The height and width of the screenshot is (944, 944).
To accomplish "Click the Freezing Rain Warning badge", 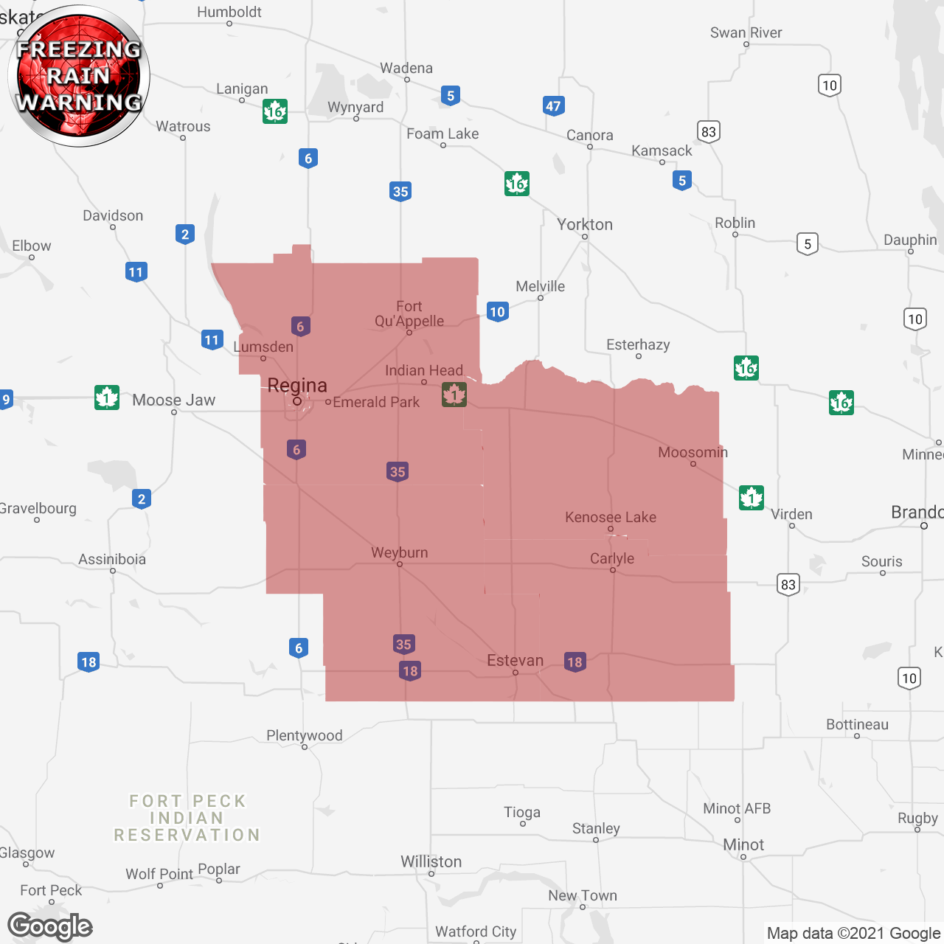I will coord(79,75).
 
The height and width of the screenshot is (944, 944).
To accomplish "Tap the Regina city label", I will coord(297,386).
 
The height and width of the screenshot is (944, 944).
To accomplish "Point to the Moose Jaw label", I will coord(174,400).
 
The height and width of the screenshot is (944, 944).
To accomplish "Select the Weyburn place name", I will coord(399,553).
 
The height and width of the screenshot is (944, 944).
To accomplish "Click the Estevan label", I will coord(515,661).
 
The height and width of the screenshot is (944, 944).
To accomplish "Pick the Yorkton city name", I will coord(585,225).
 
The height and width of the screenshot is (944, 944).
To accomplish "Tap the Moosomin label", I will coord(693,453).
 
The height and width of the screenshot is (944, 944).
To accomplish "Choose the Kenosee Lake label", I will coord(611,518).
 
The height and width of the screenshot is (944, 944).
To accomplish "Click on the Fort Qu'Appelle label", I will coord(409,313).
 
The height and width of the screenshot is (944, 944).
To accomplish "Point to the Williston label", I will coord(431,862).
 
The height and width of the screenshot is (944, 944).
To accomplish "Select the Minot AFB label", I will coord(737,809).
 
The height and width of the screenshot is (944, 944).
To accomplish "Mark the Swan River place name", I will coord(746,33).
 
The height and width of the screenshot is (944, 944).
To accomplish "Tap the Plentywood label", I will coord(305,736).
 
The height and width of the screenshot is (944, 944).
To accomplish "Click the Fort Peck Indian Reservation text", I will coord(187,819).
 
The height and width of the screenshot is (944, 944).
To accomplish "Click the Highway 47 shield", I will coord(553,106).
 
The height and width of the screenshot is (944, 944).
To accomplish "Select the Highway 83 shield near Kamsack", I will coord(709,132).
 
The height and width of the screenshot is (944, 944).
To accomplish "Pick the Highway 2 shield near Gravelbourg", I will coord(142,499).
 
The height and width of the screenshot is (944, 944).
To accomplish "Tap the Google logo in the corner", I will coord(50,926).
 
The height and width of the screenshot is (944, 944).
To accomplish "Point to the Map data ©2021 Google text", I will coord(853,934).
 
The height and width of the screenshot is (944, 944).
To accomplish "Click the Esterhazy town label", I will coord(638,345).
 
